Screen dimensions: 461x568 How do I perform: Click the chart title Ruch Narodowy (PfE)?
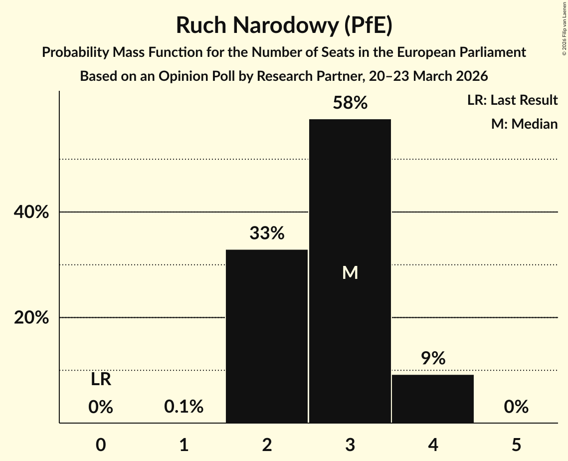pos(284,25)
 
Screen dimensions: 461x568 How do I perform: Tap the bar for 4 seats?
pos(433,399)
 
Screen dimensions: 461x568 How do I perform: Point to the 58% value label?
pos(350,103)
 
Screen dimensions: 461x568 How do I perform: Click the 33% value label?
pos(267,233)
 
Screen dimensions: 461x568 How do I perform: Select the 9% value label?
pos(433,358)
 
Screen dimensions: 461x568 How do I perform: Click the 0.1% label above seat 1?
pos(184,407)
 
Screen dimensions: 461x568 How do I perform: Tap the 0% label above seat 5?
pos(516,407)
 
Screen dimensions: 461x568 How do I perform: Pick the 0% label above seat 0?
pos(101,407)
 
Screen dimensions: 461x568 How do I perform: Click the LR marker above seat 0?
pos(101,380)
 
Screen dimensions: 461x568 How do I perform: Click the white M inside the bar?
pos(350,272)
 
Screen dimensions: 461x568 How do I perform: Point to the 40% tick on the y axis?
pos(31,213)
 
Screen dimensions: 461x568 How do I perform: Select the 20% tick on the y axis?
pos(31,318)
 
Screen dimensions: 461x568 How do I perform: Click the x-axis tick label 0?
pos(101,445)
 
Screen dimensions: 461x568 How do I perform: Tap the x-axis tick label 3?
pos(350,445)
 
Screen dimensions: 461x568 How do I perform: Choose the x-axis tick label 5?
pos(516,445)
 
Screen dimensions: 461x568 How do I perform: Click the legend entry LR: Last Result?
pos(512,100)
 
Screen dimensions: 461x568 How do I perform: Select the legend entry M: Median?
pos(524,124)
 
